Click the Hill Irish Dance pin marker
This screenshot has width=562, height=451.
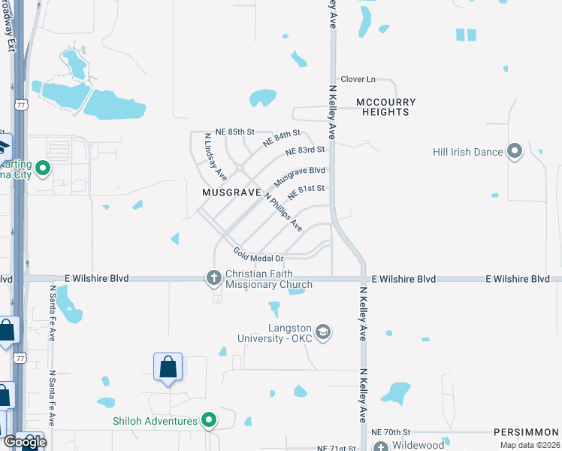pyautogui.click(x=515, y=152)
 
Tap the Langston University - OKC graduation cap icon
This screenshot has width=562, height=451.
pyautogui.click(x=323, y=332)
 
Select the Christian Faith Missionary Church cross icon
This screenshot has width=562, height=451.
pyautogui.click(x=213, y=279)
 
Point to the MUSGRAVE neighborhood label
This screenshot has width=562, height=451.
pyautogui.click(x=230, y=192)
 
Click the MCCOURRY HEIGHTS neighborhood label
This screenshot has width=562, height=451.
pyautogui.click(x=383, y=107)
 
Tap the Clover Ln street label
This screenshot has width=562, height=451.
pyautogui.click(x=358, y=79)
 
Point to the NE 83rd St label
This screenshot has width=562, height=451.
pyautogui.click(x=306, y=151)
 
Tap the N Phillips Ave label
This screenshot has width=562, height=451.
pyautogui.click(x=283, y=211)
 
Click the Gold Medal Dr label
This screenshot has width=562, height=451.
pyautogui.click(x=257, y=255)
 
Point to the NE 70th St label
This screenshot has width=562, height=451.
pyautogui.click(x=391, y=433)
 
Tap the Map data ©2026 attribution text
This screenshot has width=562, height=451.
pyautogui.click(x=530, y=445)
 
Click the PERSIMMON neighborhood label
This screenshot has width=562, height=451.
pyautogui.click(x=527, y=433)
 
